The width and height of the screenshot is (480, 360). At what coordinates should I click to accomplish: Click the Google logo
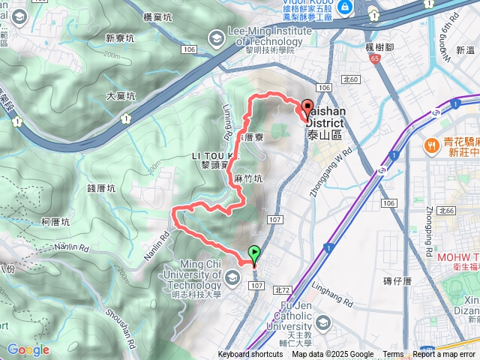[28, 349]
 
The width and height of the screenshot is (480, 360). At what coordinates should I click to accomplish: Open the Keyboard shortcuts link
[250, 355]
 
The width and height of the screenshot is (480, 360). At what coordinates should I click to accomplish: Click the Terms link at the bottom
[393, 355]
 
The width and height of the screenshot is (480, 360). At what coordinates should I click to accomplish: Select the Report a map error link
[444, 355]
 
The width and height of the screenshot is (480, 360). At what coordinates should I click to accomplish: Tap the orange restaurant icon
[431, 144]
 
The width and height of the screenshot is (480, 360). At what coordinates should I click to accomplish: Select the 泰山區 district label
[324, 136]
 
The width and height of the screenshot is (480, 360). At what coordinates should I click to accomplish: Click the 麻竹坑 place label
[248, 179]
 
